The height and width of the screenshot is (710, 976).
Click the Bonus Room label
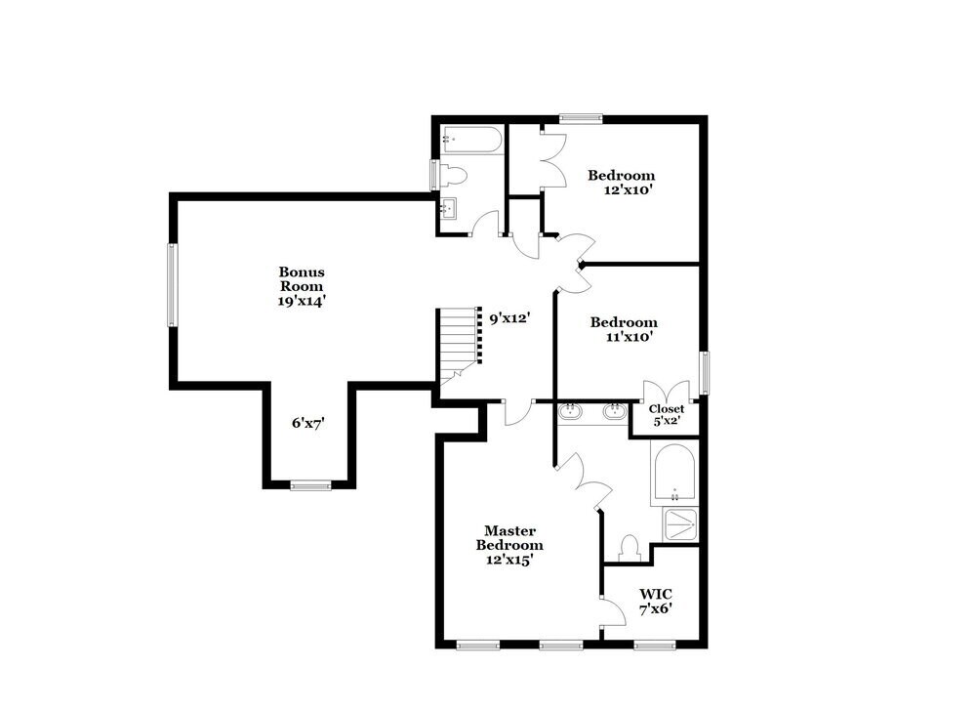pos(302,279)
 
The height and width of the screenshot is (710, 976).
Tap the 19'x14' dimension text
pos(302,302)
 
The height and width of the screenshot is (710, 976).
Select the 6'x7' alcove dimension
pos(307,423)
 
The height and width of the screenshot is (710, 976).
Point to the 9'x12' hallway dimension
pos(509,317)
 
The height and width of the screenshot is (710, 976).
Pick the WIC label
pos(656,594)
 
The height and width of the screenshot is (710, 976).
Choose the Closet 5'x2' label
pos(666,415)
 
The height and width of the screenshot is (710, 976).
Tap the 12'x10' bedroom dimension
pos(628,190)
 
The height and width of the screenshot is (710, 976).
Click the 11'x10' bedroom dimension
pos(629,337)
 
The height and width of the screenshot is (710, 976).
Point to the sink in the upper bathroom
pos(450,207)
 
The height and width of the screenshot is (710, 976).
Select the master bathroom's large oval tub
pos(674,474)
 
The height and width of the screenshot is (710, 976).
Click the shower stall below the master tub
pos(681,524)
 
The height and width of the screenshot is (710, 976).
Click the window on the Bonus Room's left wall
pos(172,284)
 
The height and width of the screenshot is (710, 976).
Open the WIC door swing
pos(613,613)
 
